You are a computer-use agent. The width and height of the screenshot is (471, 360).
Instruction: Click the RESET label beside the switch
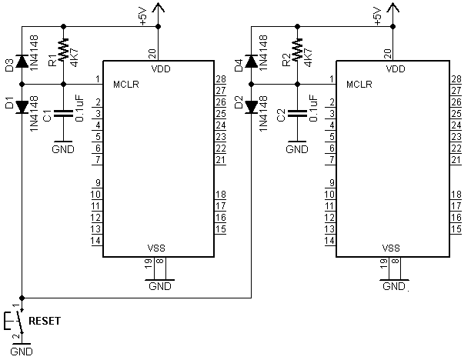45,321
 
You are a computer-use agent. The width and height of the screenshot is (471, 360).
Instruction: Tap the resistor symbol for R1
63,49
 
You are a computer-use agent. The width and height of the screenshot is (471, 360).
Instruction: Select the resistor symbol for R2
297,49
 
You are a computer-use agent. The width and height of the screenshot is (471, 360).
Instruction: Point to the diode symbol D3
22,62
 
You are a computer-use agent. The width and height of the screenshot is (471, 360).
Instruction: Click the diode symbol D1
22,107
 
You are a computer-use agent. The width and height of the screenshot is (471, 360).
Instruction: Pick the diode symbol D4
251,62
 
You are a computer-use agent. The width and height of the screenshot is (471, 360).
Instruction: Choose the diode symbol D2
251,107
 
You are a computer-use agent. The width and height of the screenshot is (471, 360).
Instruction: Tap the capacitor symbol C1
63,113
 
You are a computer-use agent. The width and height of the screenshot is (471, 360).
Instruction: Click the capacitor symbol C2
297,113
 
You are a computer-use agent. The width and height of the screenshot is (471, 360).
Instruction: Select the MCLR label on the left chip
126,85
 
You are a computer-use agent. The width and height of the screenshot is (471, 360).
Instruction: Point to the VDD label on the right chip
396,69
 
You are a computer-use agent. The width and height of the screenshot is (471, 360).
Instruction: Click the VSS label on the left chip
156,248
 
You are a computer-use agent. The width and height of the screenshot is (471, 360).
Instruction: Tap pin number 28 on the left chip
221,79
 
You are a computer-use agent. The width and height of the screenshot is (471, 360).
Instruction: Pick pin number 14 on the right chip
329,241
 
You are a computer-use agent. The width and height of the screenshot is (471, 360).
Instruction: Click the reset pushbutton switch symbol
15,321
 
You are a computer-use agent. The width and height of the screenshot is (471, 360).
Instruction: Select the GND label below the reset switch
22,352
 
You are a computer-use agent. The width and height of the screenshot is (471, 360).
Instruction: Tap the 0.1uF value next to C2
313,108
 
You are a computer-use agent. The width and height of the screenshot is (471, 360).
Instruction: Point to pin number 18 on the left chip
221,195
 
